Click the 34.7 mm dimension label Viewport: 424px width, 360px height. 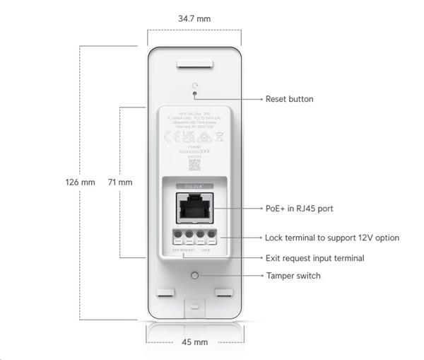pyautogui.click(x=194, y=18)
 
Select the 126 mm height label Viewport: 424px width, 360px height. pyautogui.click(x=80, y=182)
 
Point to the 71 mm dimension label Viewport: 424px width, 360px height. pyautogui.click(x=120, y=182)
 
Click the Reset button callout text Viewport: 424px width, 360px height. pyautogui.click(x=289, y=99)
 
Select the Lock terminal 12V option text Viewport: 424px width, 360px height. pyautogui.click(x=331, y=238)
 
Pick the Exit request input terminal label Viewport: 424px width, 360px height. pyautogui.click(x=314, y=258)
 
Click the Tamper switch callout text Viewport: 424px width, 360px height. pyautogui.click(x=293, y=275)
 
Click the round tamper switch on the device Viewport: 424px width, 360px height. pyautogui.click(x=194, y=275)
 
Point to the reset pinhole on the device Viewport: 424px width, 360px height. pyautogui.click(x=194, y=99)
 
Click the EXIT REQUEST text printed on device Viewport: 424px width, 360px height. pyautogui.click(x=182, y=250)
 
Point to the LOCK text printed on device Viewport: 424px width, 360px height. pyautogui.click(x=206, y=250)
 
